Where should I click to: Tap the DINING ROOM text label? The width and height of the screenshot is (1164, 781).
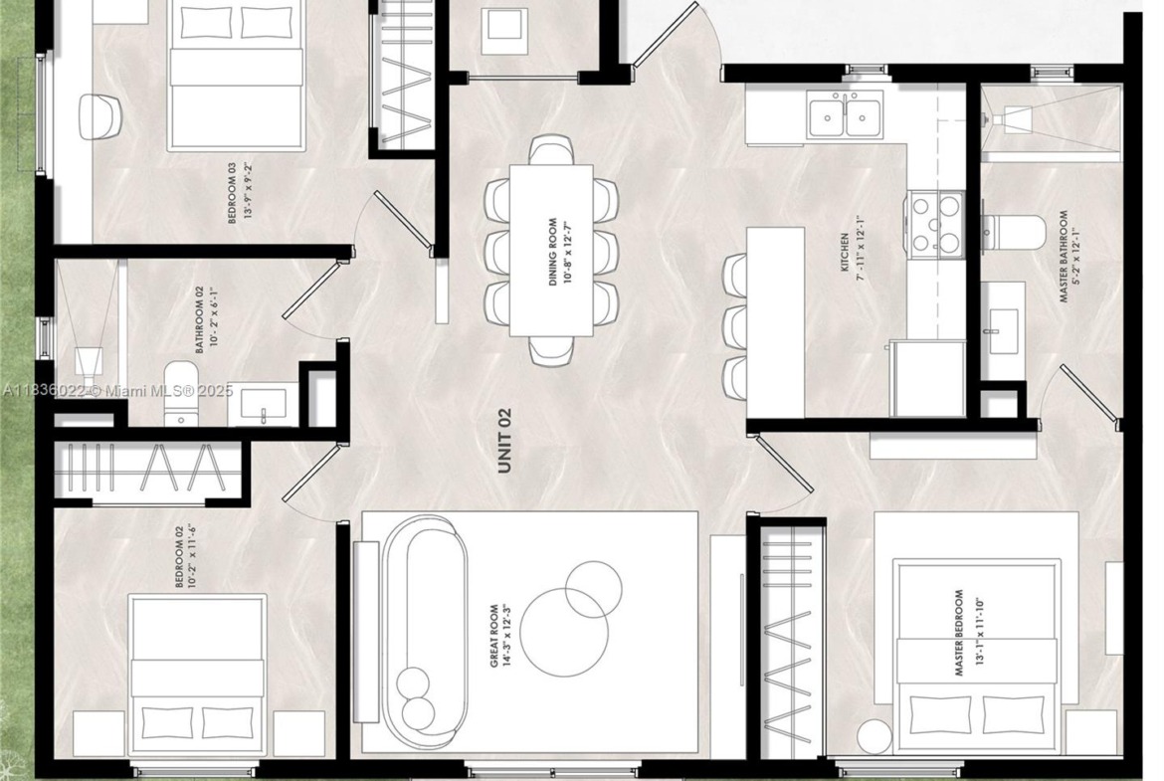552,253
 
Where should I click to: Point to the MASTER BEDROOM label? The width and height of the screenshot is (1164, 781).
958,634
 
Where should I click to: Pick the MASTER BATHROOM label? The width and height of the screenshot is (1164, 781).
1064,257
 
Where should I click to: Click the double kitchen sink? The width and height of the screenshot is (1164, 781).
845,115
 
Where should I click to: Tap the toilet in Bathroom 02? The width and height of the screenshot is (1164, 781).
178,392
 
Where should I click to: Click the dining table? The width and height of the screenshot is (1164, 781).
551,250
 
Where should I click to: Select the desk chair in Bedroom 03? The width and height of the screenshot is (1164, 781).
99,116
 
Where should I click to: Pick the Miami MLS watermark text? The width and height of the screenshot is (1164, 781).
116,390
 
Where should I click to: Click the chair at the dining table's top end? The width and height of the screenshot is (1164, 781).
551,148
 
